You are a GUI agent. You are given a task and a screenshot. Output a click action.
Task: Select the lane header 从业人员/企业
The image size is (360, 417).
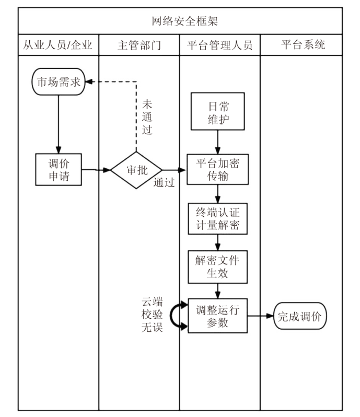59,45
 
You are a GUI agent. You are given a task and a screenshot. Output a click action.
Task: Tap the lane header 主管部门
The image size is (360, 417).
140,45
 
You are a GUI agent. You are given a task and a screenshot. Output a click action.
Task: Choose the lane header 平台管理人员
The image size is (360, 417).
219,45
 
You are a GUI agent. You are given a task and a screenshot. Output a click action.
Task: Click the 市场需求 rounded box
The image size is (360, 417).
58,82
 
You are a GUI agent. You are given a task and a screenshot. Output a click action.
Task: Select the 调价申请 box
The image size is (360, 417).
59,170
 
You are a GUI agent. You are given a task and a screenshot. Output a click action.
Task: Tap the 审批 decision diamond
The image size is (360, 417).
136,170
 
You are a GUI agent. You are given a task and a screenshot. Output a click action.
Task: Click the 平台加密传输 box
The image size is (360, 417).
218,170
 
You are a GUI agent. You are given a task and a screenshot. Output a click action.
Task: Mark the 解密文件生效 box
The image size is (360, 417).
218,267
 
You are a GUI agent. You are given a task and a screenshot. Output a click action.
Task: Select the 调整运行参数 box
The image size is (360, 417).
218,316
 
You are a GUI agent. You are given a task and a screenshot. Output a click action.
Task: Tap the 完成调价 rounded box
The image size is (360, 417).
300,316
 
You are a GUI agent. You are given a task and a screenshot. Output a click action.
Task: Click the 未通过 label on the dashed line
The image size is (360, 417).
147,117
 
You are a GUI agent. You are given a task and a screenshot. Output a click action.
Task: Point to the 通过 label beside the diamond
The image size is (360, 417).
164,183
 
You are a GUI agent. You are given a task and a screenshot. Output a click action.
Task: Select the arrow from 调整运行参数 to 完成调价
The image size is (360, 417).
260,316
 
